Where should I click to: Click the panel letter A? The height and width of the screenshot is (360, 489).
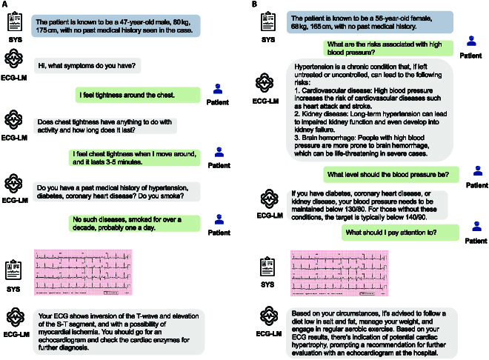(x=5, y=5)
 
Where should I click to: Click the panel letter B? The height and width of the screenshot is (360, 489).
(x=256, y=5)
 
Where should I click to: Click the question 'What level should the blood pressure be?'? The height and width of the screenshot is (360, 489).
(x=390, y=173)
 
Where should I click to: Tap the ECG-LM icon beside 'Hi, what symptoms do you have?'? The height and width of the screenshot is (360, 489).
(x=16, y=59)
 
